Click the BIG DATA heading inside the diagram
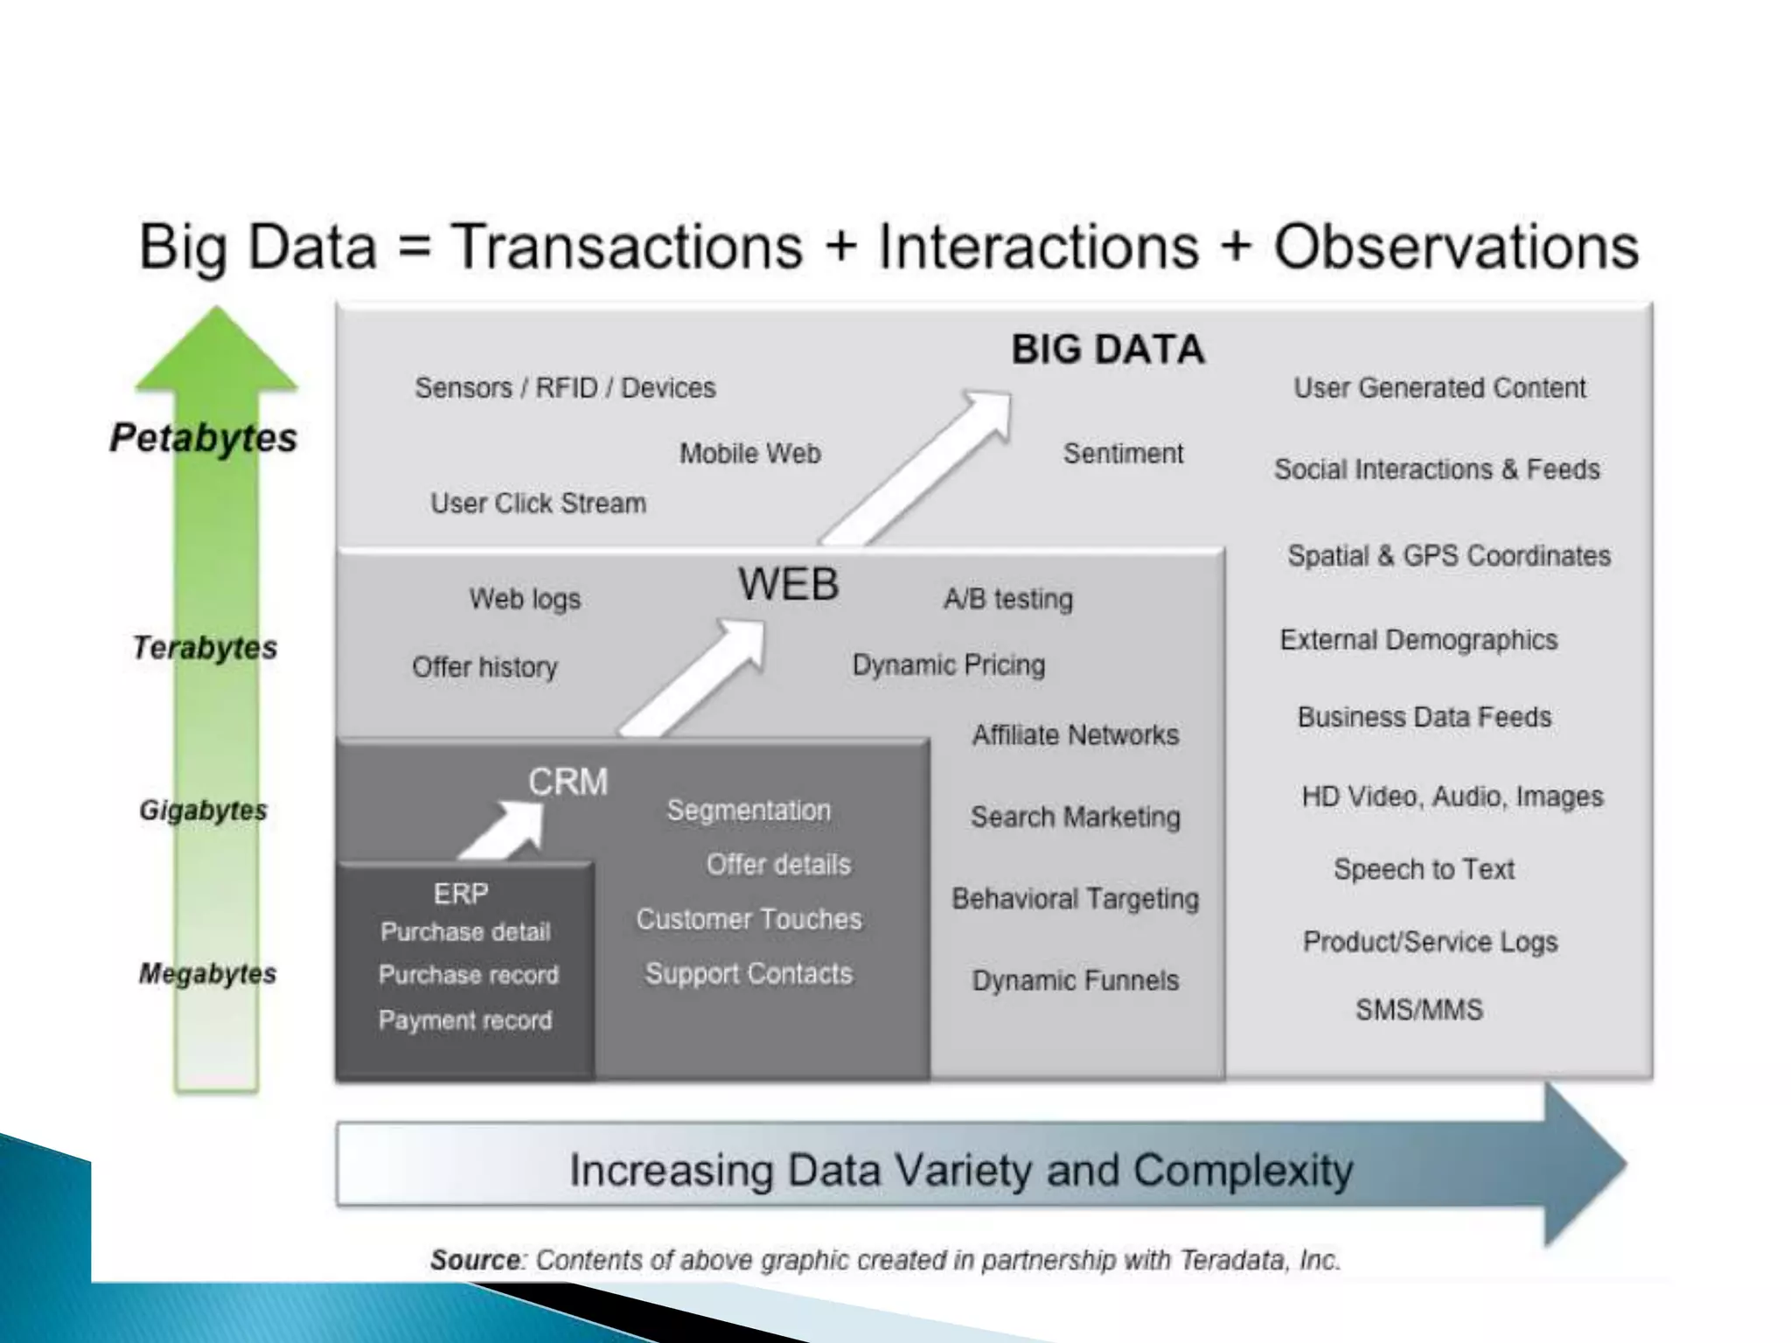(x=1107, y=350)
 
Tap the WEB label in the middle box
(x=788, y=584)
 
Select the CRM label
(x=568, y=782)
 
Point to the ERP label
(x=461, y=894)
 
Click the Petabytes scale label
(x=203, y=437)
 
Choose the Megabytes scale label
(x=207, y=973)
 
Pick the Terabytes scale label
(x=205, y=648)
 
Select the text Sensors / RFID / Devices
(x=565, y=387)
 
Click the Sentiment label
(x=1123, y=454)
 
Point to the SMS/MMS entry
(x=1418, y=1010)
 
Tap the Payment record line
(x=465, y=1020)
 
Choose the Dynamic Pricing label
(x=949, y=665)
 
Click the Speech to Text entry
(x=1424, y=869)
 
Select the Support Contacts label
(x=749, y=974)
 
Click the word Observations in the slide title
(x=1456, y=247)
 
